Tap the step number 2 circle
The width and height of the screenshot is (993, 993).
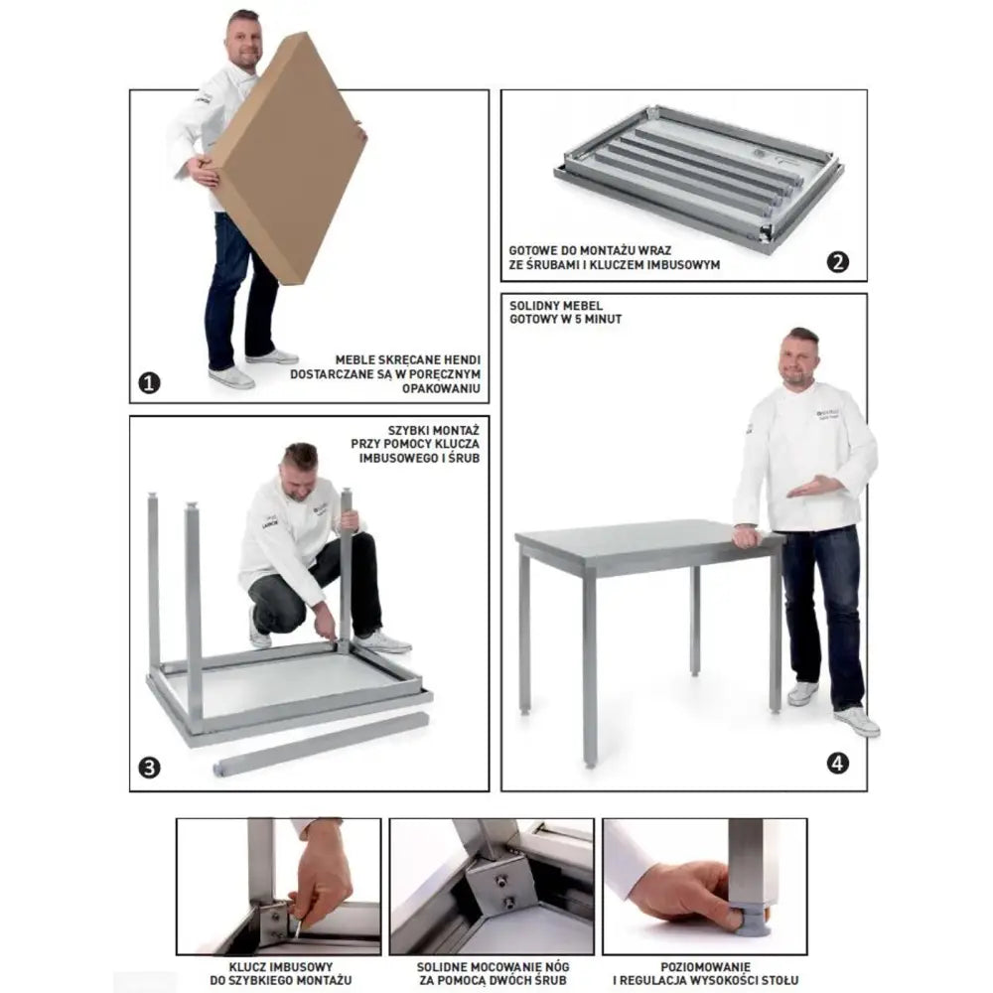(x=838, y=262)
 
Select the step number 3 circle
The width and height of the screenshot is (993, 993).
(x=149, y=767)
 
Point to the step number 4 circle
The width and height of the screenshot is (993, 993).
(x=838, y=764)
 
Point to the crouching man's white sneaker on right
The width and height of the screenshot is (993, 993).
(x=382, y=643)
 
